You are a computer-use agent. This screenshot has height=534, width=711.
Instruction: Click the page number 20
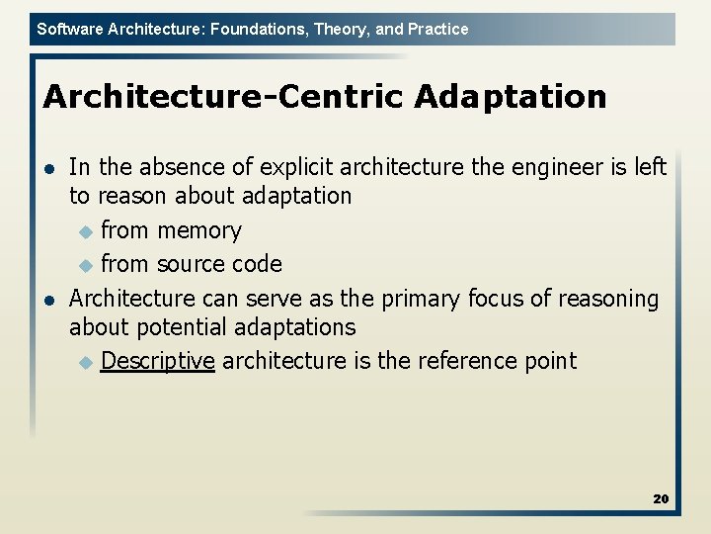tap(661, 498)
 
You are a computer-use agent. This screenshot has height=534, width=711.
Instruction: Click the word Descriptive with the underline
tap(157, 361)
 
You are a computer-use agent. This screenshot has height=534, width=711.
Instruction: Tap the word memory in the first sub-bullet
tap(198, 230)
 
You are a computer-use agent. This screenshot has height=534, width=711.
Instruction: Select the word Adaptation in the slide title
tap(511, 97)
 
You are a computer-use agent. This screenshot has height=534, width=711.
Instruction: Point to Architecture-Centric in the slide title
tap(223, 97)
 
